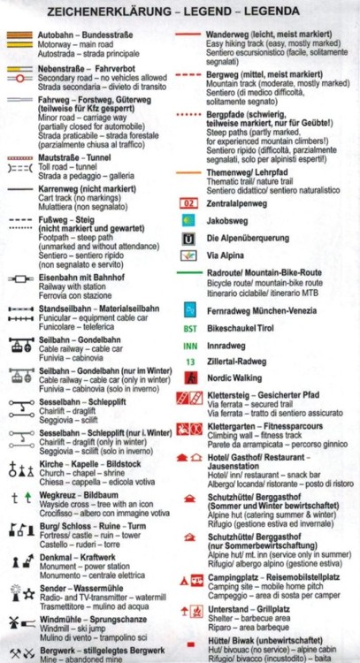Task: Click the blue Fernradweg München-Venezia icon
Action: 189,309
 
